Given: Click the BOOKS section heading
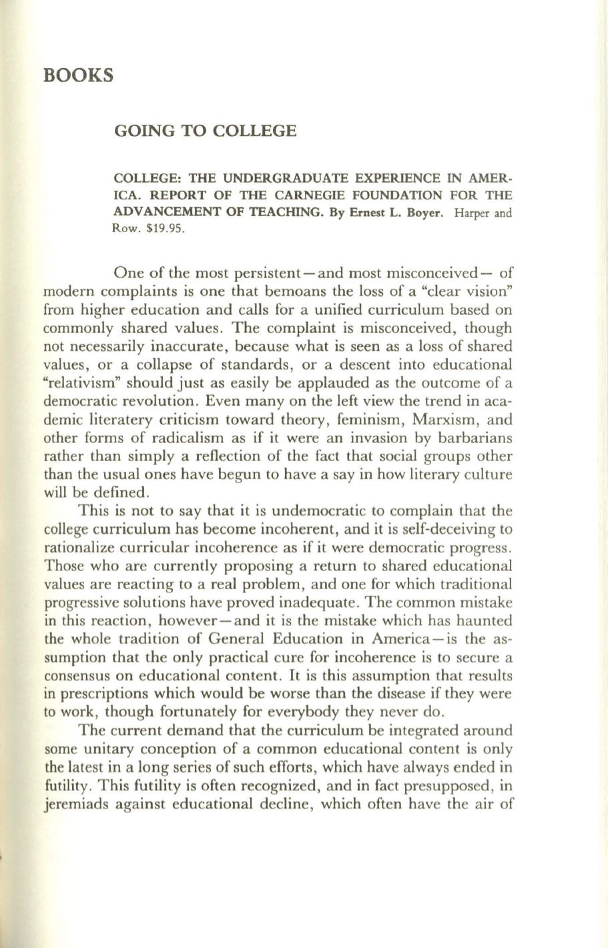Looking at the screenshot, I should [x=78, y=75].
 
